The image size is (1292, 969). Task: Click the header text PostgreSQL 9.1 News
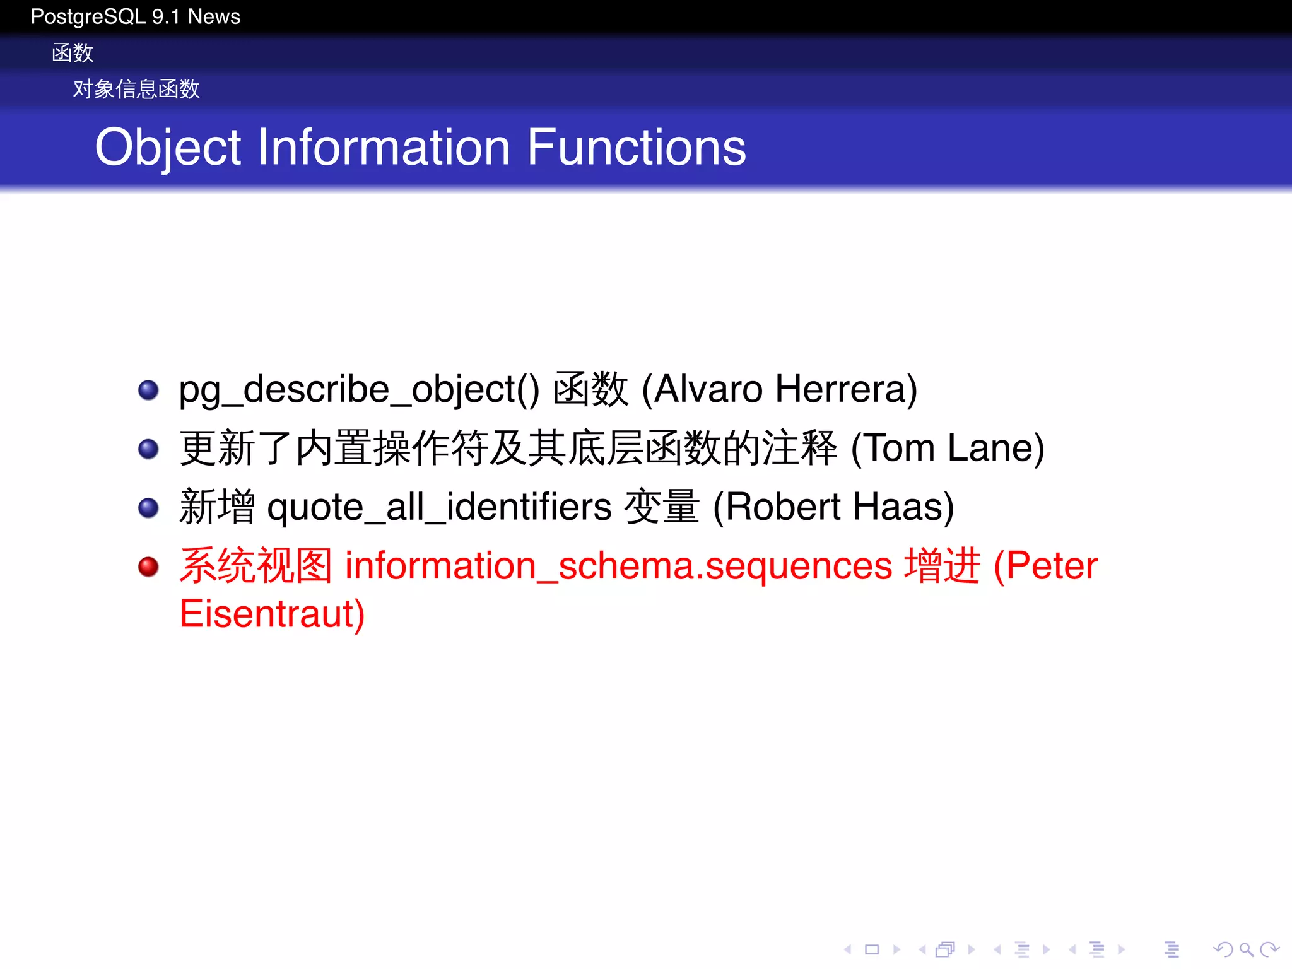click(x=135, y=16)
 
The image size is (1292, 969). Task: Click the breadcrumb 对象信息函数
click(x=136, y=89)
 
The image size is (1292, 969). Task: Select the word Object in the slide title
click(x=168, y=148)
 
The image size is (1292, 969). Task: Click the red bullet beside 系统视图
click(x=148, y=567)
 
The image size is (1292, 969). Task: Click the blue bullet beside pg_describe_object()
click(x=148, y=390)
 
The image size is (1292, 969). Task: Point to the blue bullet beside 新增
click(x=148, y=508)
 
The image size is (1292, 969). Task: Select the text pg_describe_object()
click(x=359, y=390)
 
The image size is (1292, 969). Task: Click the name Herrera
click(x=846, y=389)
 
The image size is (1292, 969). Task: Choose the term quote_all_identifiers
click(x=439, y=507)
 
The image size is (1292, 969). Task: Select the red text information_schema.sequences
click(x=618, y=566)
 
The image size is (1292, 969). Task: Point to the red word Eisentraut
click(x=272, y=614)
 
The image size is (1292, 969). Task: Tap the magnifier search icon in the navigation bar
click(x=1245, y=949)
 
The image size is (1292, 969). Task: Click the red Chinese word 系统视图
click(x=255, y=566)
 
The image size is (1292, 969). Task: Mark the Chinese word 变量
click(x=661, y=507)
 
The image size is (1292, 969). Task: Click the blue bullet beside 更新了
click(x=148, y=449)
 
